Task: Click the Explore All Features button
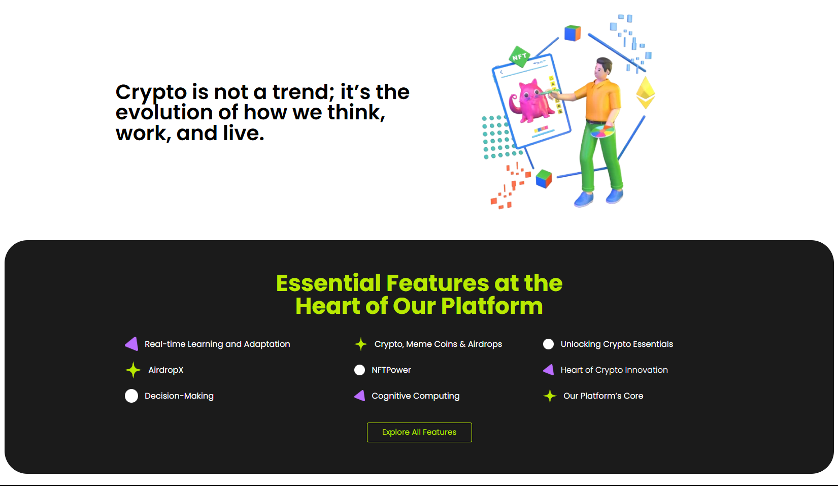(419, 432)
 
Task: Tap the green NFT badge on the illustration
(520, 56)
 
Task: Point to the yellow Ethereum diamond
(646, 92)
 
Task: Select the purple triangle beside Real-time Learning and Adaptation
(131, 344)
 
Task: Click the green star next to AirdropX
(133, 370)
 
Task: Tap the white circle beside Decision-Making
(131, 396)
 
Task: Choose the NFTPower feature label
(391, 370)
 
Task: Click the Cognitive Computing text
(415, 396)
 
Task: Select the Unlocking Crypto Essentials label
(617, 344)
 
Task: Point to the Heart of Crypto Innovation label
(614, 370)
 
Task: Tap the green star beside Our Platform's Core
(550, 396)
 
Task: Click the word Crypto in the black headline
(151, 92)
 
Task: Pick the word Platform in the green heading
(491, 306)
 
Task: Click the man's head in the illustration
(603, 68)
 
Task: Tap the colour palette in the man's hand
(602, 132)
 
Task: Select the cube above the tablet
(573, 33)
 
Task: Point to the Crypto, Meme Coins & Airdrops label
(438, 344)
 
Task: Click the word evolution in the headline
(164, 112)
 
